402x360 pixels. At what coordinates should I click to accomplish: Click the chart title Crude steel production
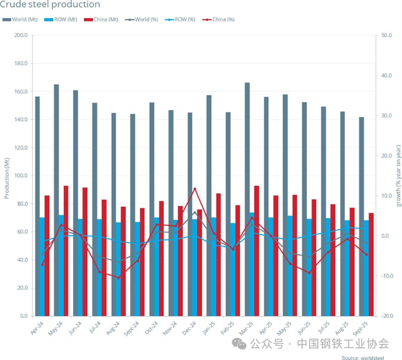click(50, 5)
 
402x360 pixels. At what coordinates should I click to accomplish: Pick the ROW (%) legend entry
click(182, 19)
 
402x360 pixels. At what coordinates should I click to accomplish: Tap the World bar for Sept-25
click(362, 217)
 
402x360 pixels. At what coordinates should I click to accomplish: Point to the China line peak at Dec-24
click(195, 189)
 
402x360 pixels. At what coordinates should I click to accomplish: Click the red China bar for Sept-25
click(371, 264)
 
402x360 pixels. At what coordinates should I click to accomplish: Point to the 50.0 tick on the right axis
click(387, 36)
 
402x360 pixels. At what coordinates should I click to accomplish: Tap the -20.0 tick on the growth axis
click(387, 316)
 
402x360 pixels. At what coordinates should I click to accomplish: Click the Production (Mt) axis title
click(6, 176)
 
